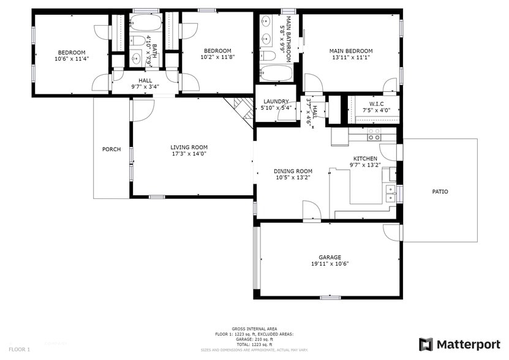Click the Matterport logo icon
click(x=426, y=345)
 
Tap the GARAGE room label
click(x=330, y=257)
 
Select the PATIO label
click(x=440, y=192)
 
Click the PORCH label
click(x=111, y=149)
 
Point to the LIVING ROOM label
click(x=189, y=147)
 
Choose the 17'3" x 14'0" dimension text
click(x=189, y=154)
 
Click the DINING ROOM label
click(x=293, y=171)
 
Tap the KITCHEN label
click(x=364, y=158)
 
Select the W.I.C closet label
click(x=376, y=103)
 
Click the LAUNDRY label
click(x=276, y=102)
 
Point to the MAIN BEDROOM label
click(x=350, y=51)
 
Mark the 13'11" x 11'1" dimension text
click(x=350, y=58)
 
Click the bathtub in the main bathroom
click(x=276, y=73)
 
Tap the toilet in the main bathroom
click(x=267, y=56)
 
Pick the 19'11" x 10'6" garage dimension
click(x=330, y=264)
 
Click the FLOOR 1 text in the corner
click(x=19, y=349)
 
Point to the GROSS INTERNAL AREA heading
click(x=254, y=329)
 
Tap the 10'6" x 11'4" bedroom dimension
click(x=72, y=59)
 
